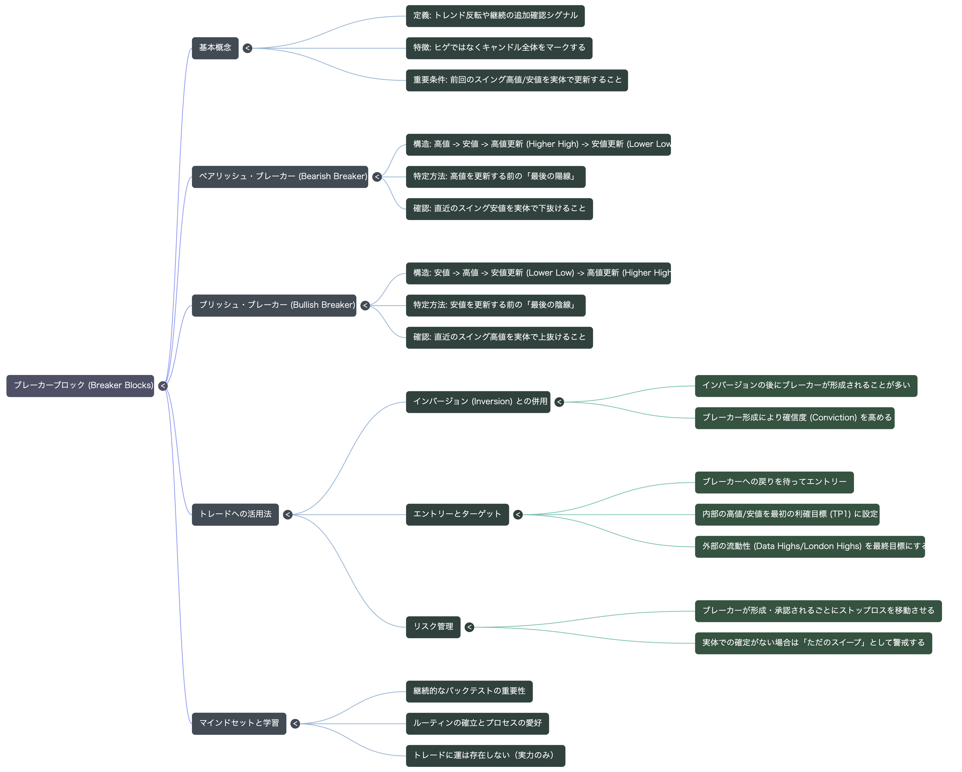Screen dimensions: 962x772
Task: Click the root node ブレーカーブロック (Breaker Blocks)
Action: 80,386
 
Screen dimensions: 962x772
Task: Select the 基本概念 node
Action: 215,48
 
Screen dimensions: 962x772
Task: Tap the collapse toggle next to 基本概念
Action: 248,48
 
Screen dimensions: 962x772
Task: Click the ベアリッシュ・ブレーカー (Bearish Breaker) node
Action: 280,177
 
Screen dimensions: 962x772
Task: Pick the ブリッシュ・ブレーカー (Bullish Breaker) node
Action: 274,306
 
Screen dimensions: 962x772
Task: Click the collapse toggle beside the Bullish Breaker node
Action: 365,306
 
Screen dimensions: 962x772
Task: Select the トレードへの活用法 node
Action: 235,515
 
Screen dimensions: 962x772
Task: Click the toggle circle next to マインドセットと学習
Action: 295,724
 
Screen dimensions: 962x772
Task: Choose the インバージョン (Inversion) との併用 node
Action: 478,402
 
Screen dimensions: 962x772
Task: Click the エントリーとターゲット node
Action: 457,515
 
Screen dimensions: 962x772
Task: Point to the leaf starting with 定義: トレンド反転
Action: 495,16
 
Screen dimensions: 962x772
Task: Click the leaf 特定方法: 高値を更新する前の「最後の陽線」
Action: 496,177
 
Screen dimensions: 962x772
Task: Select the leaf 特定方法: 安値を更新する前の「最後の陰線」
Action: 496,306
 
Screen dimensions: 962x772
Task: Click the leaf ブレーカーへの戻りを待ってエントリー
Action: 774,483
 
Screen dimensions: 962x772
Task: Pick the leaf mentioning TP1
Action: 787,515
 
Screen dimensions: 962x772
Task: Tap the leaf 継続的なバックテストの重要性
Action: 469,692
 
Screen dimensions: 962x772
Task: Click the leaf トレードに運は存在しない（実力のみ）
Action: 485,756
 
